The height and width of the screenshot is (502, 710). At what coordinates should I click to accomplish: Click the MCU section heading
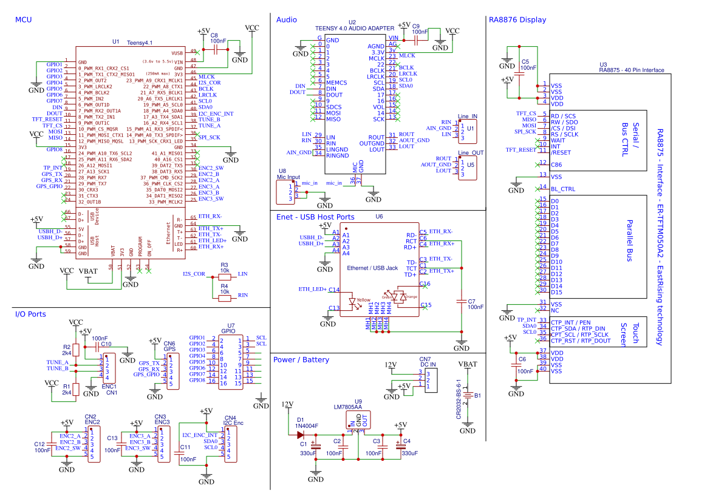tap(23, 20)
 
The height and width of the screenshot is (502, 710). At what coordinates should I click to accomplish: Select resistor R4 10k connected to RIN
tap(224, 297)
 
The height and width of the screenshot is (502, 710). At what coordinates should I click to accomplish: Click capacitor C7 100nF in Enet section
tap(462, 301)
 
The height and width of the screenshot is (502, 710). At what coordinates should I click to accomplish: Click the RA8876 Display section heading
tap(517, 20)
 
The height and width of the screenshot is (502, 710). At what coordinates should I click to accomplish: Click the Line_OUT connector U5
tap(468, 168)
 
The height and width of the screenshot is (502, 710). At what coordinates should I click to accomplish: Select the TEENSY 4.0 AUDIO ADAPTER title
tap(354, 28)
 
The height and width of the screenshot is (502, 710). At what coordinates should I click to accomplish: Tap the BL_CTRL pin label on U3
tap(562, 189)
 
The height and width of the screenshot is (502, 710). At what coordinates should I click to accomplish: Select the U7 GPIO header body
tap(232, 362)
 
